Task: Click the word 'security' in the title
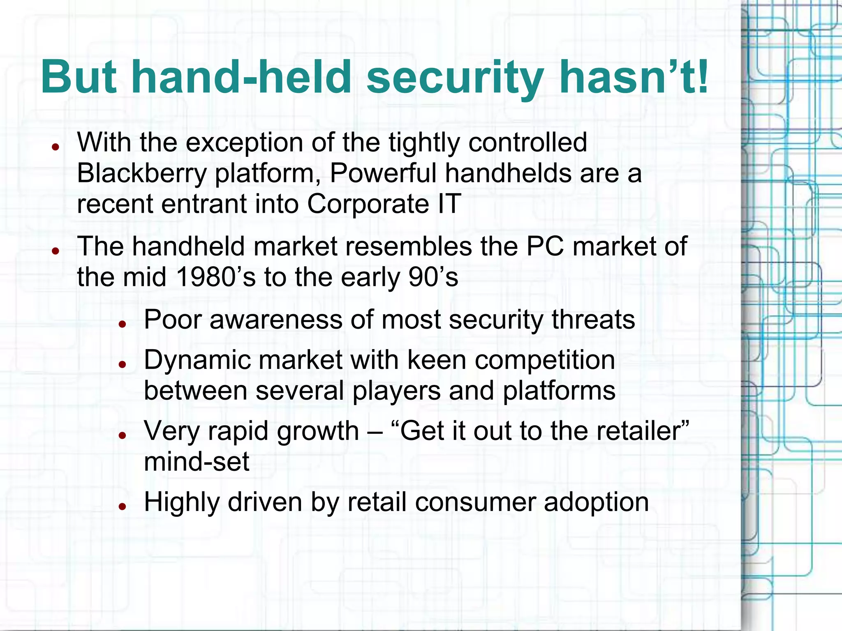(455, 77)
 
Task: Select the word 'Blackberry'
(141, 174)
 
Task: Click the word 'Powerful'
(383, 173)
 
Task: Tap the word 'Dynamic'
(197, 361)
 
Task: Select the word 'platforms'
(559, 391)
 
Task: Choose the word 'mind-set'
(197, 462)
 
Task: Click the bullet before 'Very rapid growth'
(122, 436)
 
